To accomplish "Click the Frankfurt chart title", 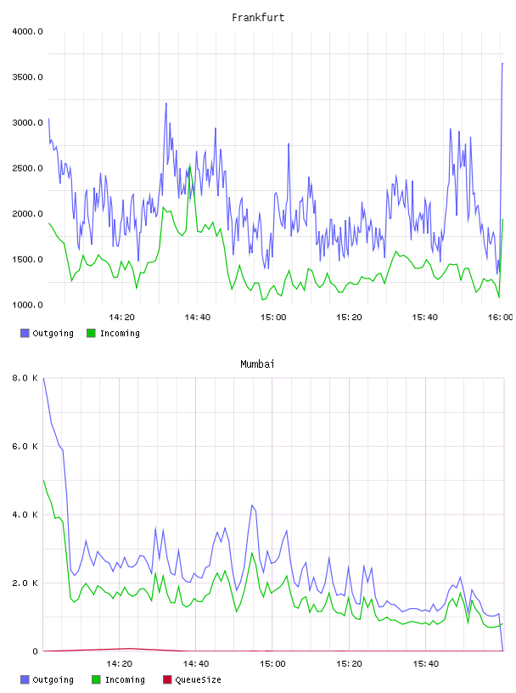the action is [x=258, y=18].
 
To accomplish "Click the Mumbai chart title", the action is [x=257, y=364].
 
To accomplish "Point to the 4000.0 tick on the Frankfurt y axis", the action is [x=27, y=31].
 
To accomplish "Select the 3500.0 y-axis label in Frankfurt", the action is [x=27, y=77].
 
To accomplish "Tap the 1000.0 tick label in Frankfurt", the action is [x=27, y=305].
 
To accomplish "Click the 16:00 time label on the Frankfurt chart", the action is [x=500, y=318].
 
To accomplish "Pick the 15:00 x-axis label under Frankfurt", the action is [x=273, y=318].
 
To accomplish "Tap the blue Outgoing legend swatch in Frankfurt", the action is [x=25, y=333].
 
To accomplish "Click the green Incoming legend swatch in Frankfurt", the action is [x=91, y=333].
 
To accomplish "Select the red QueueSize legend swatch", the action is [x=167, y=679].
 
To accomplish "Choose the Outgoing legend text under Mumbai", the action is [x=53, y=680].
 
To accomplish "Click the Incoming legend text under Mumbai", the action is [x=125, y=680].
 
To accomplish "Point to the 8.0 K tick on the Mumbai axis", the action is [x=25, y=378].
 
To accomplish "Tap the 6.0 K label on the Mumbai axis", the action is [x=25, y=447].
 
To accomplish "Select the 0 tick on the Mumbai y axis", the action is [x=35, y=651].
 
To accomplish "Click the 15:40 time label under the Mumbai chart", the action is [x=426, y=664].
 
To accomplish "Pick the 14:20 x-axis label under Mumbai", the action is [x=120, y=664].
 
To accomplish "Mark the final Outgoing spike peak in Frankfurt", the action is [x=502, y=64].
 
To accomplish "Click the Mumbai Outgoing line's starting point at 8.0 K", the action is [x=43, y=378].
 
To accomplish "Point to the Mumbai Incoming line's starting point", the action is [x=43, y=481].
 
